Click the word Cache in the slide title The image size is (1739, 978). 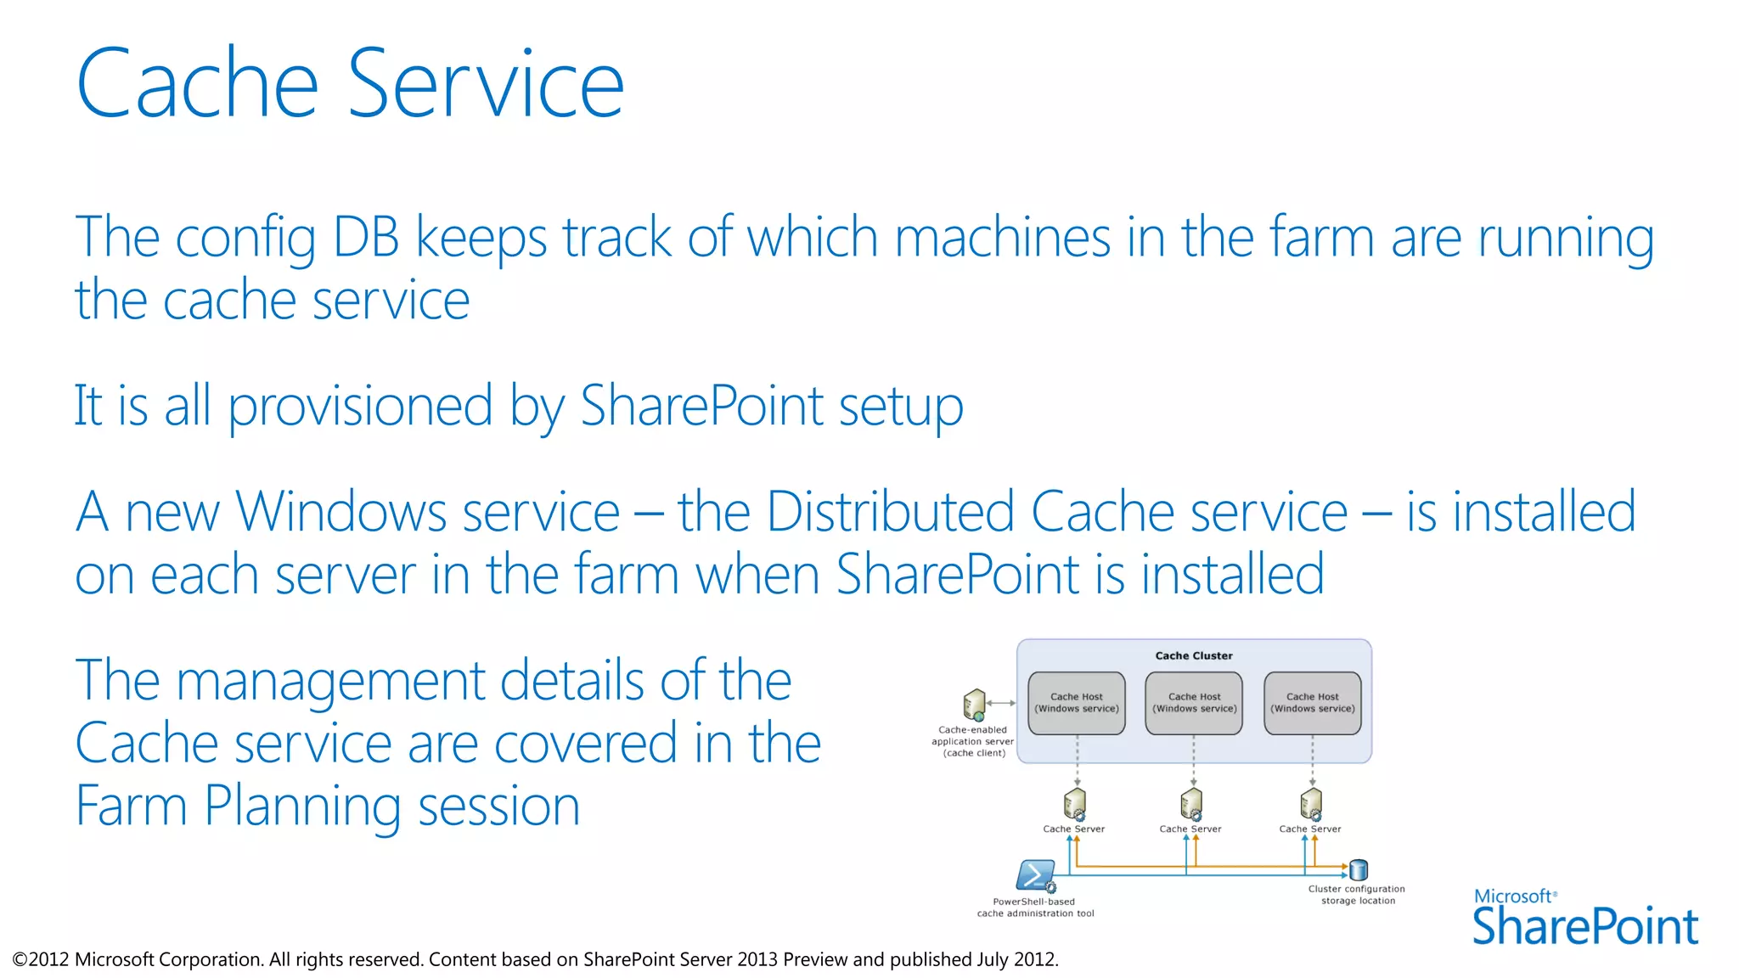[x=197, y=83]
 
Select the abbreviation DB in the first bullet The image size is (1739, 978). [x=365, y=238]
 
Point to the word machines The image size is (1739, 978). [x=1003, y=238]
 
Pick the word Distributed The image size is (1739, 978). [x=891, y=512]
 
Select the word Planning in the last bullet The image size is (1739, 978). [x=303, y=806]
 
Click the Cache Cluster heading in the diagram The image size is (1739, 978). [x=1193, y=655]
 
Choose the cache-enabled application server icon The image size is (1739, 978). [x=974, y=704]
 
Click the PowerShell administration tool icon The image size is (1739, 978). [x=1035, y=874]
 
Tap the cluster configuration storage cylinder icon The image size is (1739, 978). [x=1359, y=869]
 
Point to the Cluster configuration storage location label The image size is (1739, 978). [x=1357, y=895]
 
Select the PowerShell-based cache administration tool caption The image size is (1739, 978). [x=1035, y=908]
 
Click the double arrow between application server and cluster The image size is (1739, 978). [x=1001, y=703]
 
